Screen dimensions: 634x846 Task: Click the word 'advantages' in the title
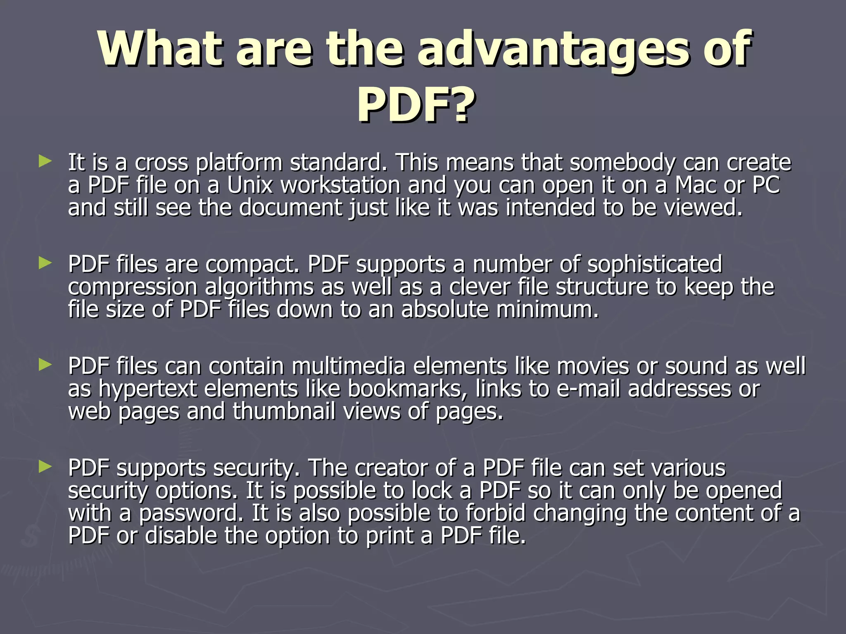click(x=556, y=49)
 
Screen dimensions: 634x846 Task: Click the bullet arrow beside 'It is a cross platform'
click(x=45, y=161)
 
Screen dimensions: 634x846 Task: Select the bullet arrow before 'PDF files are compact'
click(x=45, y=263)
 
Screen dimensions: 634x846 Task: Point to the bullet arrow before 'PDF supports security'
click(x=45, y=467)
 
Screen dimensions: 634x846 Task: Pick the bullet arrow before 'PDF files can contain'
click(x=45, y=364)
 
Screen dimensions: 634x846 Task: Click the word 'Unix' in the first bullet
click(x=250, y=185)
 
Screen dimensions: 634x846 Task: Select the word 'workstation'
click(x=340, y=185)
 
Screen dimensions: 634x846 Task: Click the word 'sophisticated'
click(x=655, y=264)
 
